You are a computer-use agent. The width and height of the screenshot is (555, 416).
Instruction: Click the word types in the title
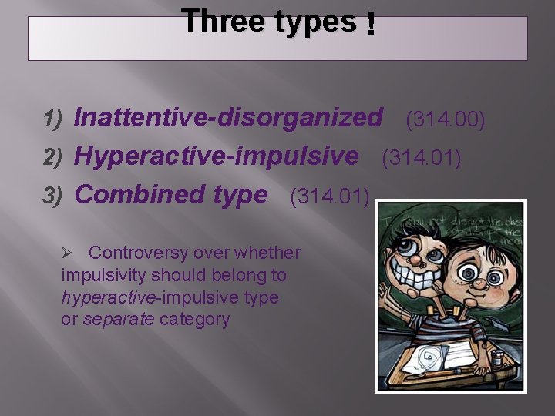pyautogui.click(x=315, y=22)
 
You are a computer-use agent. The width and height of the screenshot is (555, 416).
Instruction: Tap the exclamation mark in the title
pyautogui.click(x=372, y=26)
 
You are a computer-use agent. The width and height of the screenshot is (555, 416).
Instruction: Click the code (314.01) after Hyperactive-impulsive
pyautogui.click(x=422, y=159)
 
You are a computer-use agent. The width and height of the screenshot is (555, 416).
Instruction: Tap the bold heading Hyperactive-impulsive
pyautogui.click(x=216, y=156)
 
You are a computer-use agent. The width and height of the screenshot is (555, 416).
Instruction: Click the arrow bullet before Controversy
pyautogui.click(x=67, y=253)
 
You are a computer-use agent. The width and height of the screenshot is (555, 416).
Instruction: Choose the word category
pyautogui.click(x=194, y=319)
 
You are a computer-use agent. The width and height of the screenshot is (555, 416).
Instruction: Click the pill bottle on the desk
pyautogui.click(x=499, y=359)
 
